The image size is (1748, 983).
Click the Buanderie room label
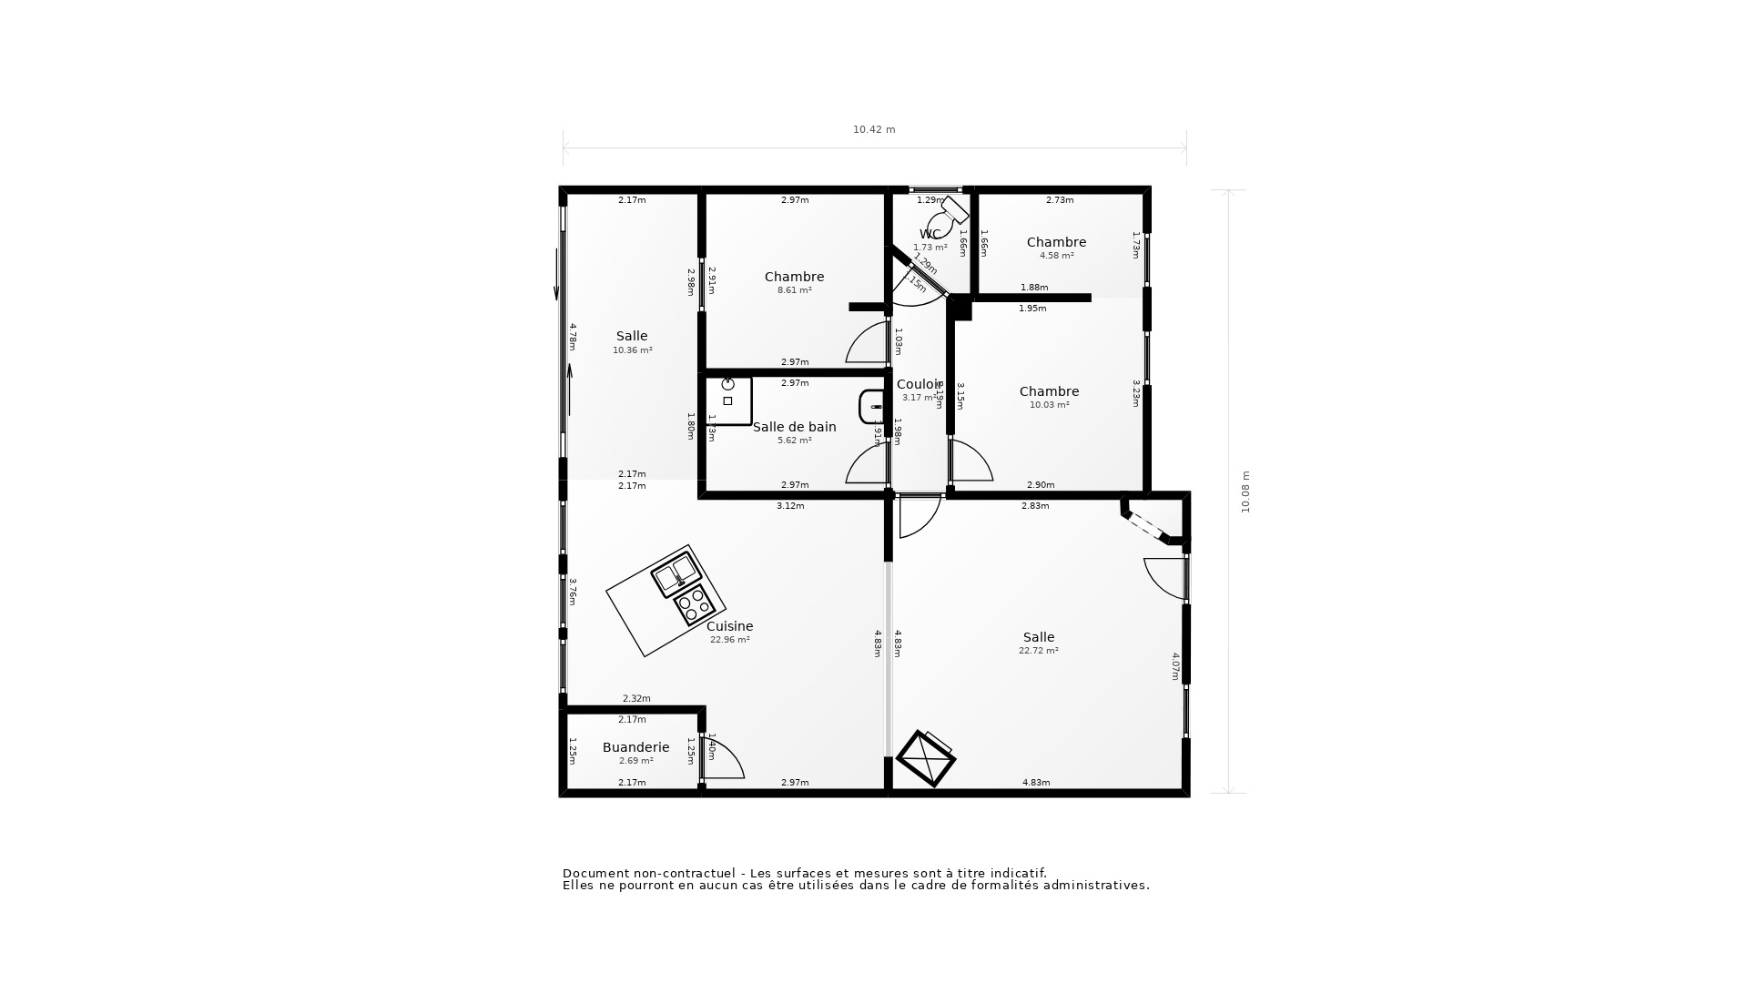635,747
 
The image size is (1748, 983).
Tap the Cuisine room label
730,626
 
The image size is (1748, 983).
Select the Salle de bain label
794,427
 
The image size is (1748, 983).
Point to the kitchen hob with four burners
694,605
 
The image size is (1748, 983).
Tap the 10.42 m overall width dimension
874,129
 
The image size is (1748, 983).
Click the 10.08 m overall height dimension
1245,491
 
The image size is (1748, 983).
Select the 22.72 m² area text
1038,651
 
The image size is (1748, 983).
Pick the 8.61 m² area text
794,290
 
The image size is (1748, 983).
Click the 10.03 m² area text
1049,405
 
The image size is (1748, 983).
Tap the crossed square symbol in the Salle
925,758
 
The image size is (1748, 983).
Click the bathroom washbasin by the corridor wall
870,407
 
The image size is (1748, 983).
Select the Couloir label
919,384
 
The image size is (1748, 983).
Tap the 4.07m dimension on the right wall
1174,666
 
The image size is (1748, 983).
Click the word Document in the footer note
596,873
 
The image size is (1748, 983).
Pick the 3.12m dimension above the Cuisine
790,506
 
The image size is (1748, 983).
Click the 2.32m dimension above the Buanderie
636,699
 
